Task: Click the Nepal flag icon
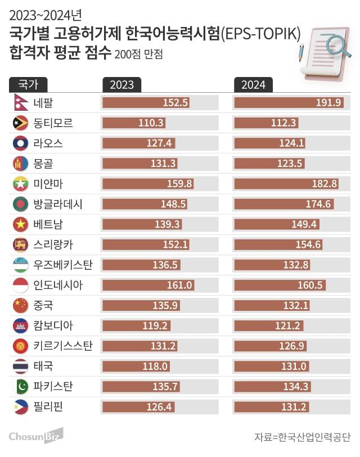20,103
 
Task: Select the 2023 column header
121,84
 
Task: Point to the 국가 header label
28,84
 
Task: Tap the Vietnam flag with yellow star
20,224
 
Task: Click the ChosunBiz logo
36,436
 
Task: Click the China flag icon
20,305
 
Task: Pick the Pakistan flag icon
20,386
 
